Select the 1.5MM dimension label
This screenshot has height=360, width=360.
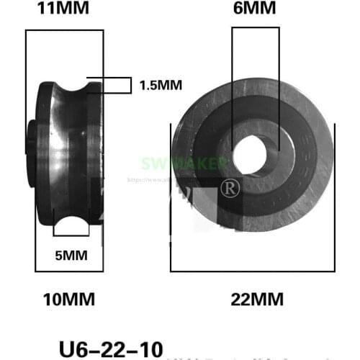[x=160, y=85]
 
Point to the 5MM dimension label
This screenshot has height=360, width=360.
[x=71, y=255]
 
